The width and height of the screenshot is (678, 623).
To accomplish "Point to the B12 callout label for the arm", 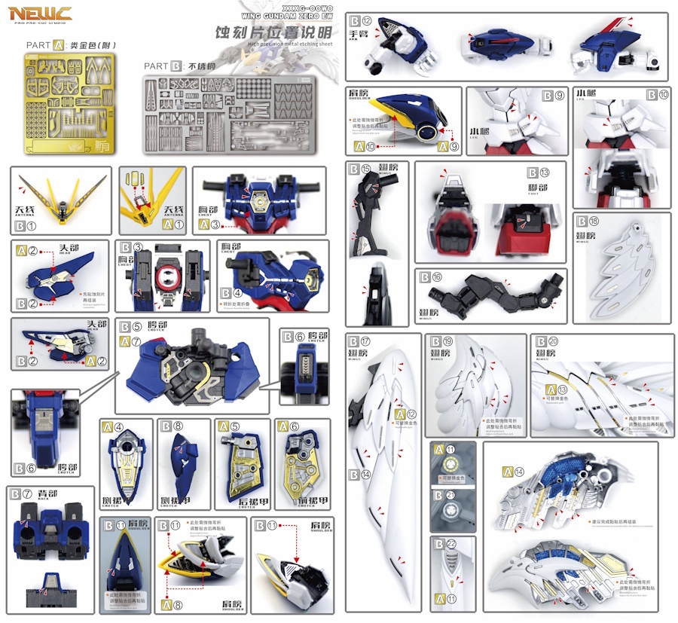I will click(361, 21).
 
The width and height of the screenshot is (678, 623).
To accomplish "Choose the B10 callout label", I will click(658, 96).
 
